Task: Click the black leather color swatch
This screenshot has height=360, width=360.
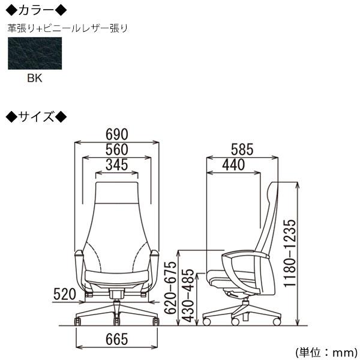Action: (35, 53)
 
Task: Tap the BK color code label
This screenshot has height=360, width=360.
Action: (35, 77)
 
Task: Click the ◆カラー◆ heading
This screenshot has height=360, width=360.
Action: (36, 10)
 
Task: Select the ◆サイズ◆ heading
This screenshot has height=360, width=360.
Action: (36, 116)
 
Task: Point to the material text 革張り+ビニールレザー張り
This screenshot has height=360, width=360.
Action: (67, 28)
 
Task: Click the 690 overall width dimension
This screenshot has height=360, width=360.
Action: (117, 134)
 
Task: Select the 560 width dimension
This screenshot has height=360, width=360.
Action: (117, 149)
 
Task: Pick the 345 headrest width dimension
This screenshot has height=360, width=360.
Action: (117, 164)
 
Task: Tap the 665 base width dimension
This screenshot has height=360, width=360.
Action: (117, 340)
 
